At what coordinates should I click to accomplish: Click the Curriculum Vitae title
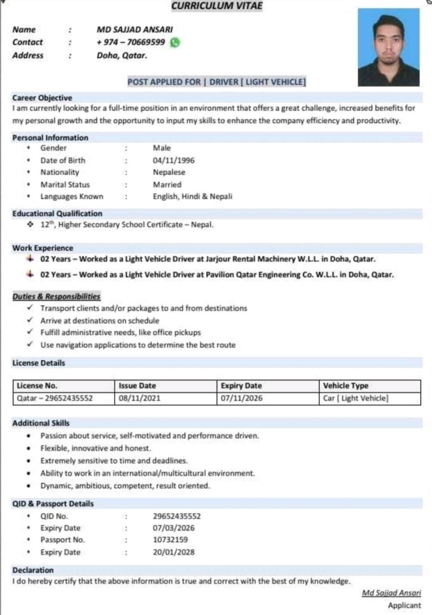pos(216,6)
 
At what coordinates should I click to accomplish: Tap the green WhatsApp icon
pos(175,43)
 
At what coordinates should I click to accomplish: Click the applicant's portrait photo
pos(388,47)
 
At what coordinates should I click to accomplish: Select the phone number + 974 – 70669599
pos(131,42)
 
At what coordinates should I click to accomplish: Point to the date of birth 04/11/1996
pos(173,160)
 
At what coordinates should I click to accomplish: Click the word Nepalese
pos(169,172)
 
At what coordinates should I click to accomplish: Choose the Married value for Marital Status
pos(167,185)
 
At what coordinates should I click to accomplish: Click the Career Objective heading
pos(42,98)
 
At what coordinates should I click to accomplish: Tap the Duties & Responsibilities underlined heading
pos(56,296)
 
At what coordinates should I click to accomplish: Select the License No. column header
pos(37,386)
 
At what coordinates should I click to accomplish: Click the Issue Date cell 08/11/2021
pos(139,398)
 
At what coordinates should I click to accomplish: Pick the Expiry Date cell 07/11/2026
pos(241,398)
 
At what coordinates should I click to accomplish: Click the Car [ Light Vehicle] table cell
pos(355,398)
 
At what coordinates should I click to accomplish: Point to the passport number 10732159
pos(170,540)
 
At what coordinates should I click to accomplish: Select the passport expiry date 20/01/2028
pos(173,552)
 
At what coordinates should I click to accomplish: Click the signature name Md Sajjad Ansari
pos(391,593)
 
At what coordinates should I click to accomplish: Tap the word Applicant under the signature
pos(404,606)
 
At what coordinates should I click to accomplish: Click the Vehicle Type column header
pos(346,386)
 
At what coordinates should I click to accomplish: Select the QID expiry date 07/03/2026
pos(173,528)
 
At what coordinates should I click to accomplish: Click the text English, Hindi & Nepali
pos(192,197)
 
